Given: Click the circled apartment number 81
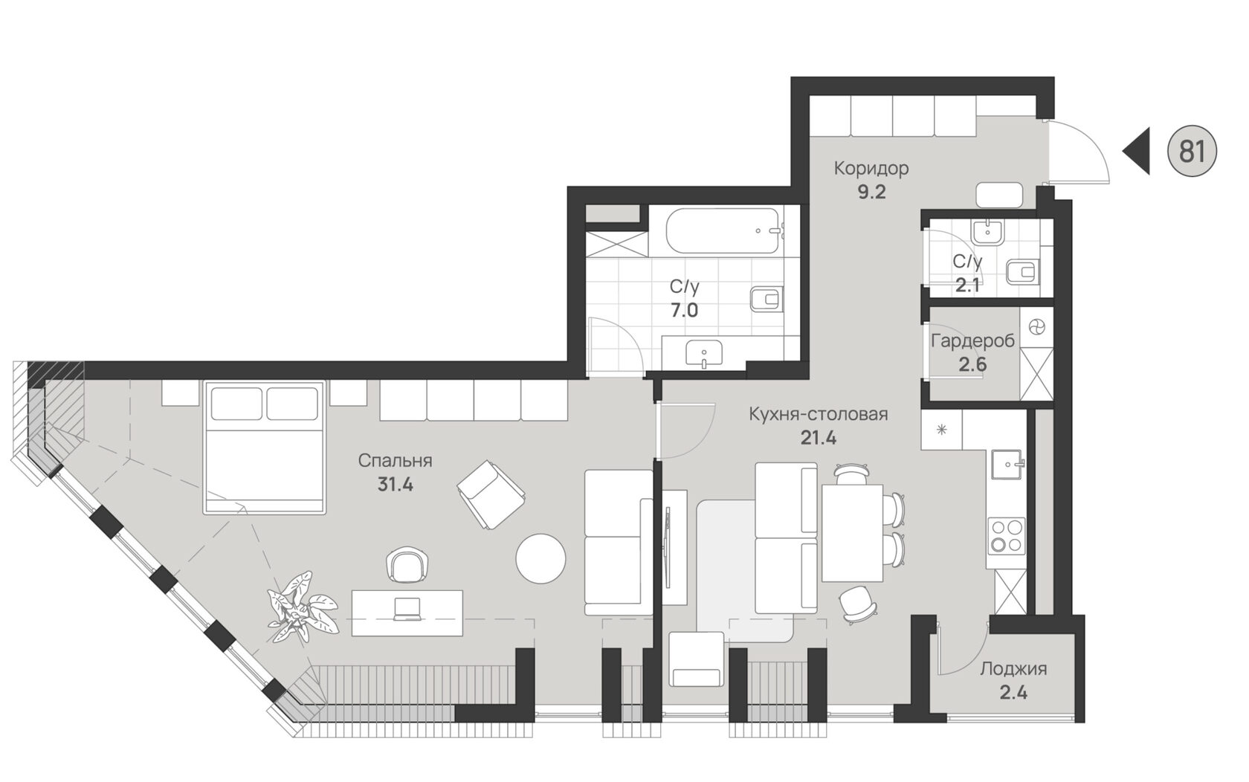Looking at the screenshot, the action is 1192,151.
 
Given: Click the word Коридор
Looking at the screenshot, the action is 871,168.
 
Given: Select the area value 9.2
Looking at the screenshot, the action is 872,193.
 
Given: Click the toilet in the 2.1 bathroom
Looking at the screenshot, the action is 1023,272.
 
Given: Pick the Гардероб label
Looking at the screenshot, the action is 972,341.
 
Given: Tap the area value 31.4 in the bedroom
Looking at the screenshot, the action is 396,485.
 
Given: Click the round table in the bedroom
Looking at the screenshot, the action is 540,558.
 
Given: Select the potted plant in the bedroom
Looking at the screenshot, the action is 302,608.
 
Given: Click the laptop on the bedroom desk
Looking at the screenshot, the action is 407,610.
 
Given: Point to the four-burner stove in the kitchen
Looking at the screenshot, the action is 1007,536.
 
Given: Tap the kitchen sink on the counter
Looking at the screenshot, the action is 1007,464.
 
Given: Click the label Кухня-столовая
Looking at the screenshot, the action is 818,415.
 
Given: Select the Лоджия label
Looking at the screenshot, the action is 1013,669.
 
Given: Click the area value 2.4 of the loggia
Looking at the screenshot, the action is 1013,693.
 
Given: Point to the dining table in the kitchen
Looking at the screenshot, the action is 851,533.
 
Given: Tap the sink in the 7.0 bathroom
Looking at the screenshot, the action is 703,353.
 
